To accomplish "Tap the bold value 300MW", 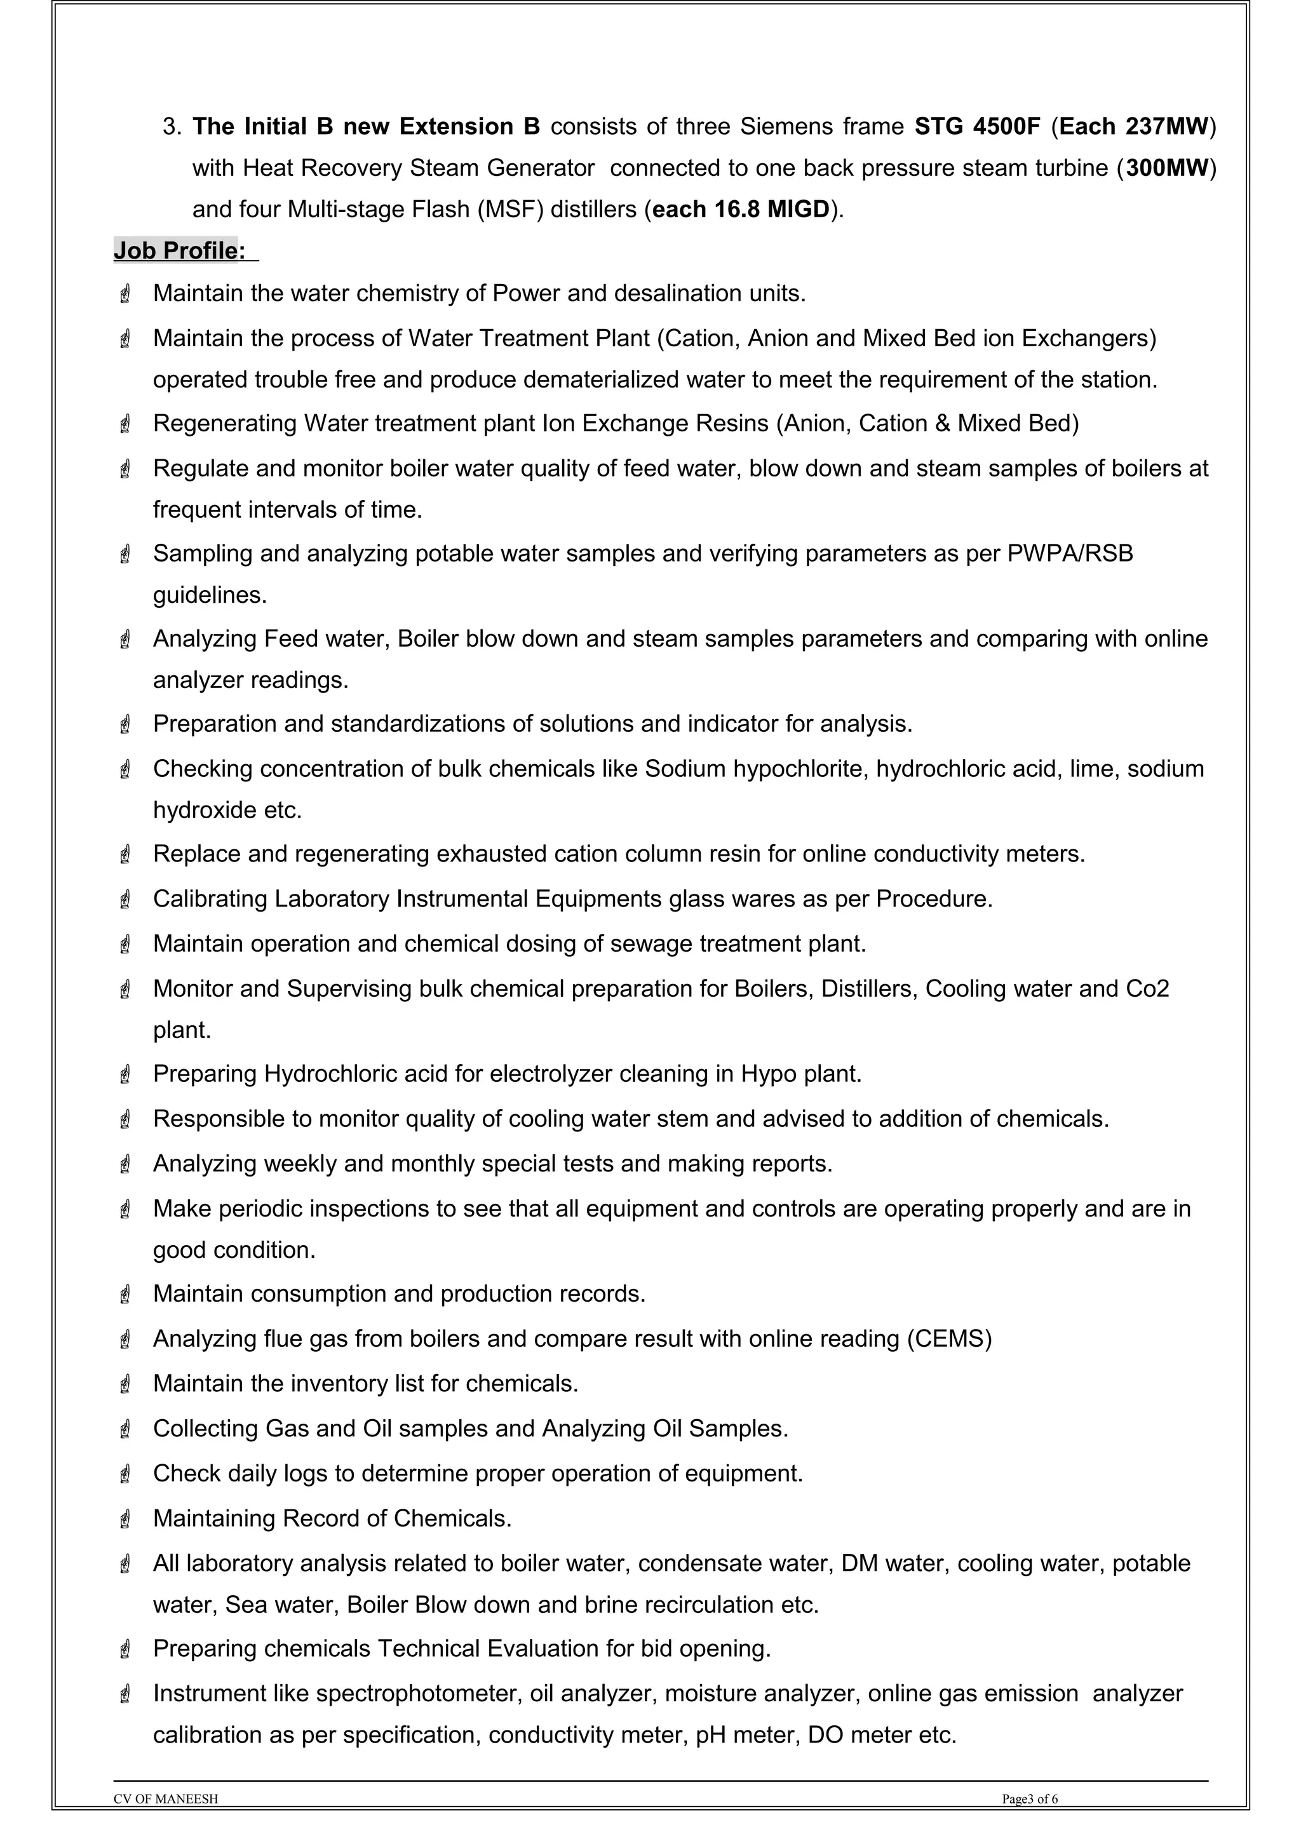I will (x=1166, y=168).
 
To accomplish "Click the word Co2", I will (x=1147, y=988).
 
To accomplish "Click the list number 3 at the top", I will (x=170, y=126).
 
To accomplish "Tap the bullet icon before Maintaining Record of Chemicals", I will (x=125, y=1519).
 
